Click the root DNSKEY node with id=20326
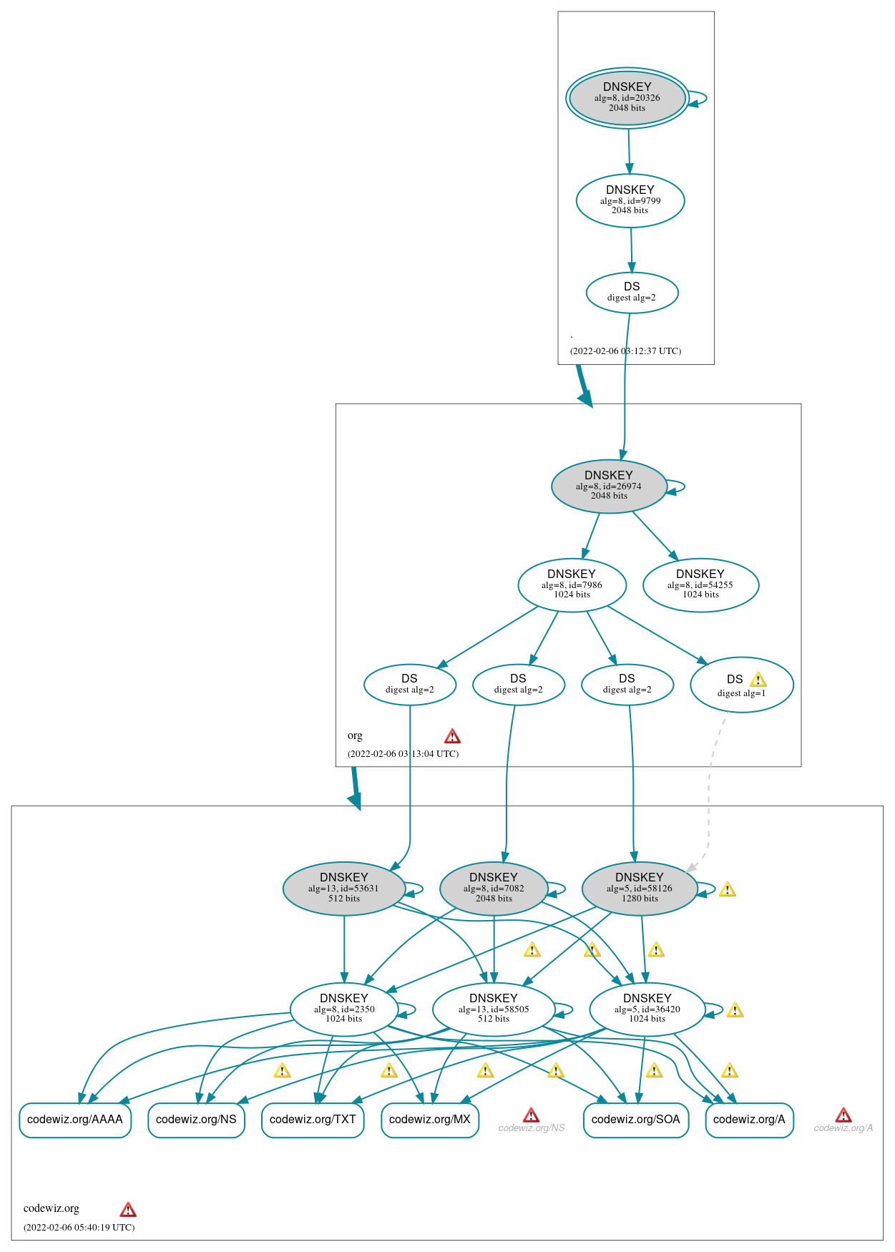coord(627,98)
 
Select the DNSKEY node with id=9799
coord(630,201)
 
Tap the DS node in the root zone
coord(632,293)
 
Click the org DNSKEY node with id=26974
coord(609,486)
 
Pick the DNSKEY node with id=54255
coord(700,585)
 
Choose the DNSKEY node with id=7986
coord(572,585)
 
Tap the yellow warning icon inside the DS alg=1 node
coord(758,680)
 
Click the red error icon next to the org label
coord(452,736)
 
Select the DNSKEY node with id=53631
coord(343,889)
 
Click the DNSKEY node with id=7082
coord(494,889)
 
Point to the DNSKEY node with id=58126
coord(640,889)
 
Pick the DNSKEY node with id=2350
coord(343,1009)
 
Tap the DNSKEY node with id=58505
coord(494,1009)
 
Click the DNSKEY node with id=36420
coord(647,1009)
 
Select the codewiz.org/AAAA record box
coord(75,1120)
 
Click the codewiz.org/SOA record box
coord(635,1120)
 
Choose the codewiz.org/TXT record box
coord(313,1120)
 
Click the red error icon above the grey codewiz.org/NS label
coord(531,1115)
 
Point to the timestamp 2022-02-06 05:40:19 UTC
coord(79,1227)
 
